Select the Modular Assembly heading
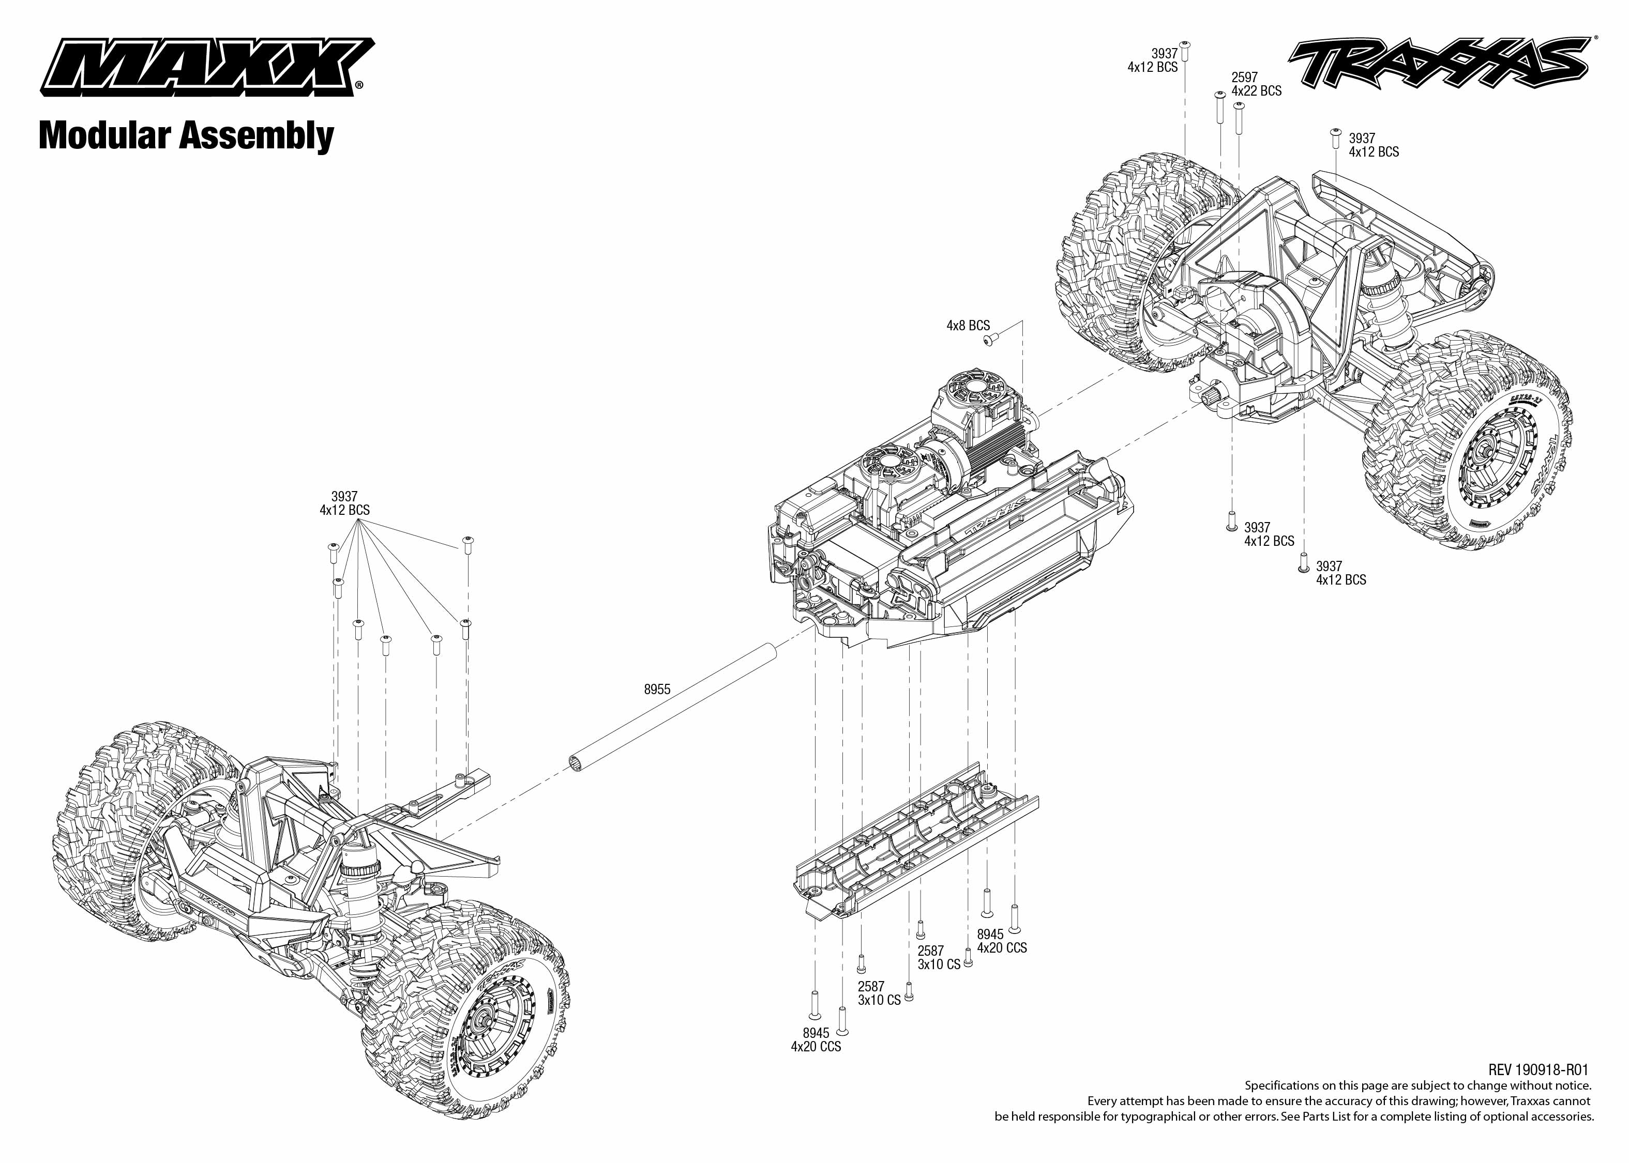(x=186, y=135)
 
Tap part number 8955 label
(x=657, y=690)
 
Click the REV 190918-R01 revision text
(x=1537, y=1070)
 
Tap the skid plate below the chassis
(x=917, y=845)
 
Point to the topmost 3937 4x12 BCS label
(x=1153, y=60)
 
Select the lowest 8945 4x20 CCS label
(x=816, y=1040)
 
